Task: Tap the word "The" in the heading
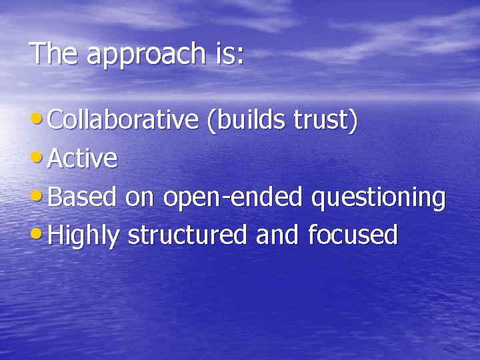[55, 53]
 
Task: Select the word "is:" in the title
[229, 53]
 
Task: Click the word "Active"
[83, 159]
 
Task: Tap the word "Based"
[83, 197]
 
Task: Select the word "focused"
[353, 235]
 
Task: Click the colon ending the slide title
[240, 56]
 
